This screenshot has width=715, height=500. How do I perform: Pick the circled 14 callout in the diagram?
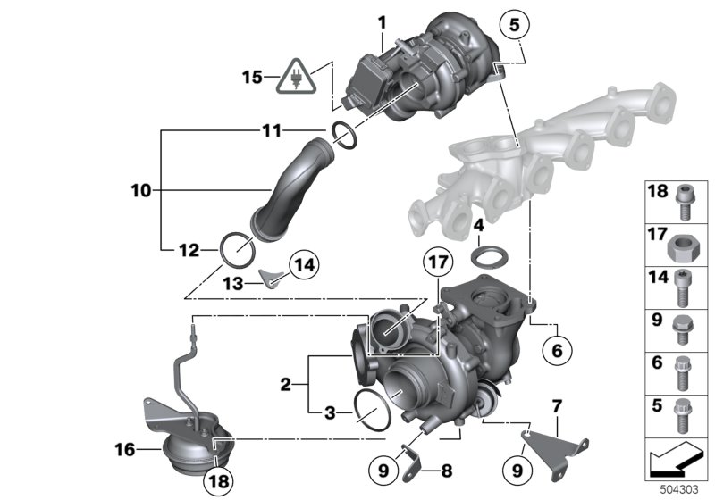click(303, 265)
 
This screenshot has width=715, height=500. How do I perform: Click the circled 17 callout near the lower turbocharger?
click(434, 265)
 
